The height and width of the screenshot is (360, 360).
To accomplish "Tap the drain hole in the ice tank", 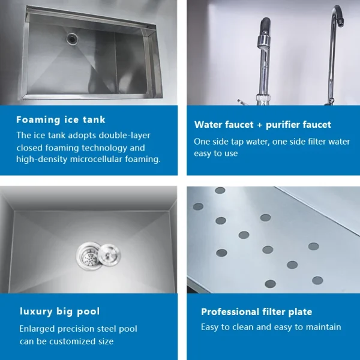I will (72, 38).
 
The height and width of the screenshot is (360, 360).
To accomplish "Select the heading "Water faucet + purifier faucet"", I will (262, 125).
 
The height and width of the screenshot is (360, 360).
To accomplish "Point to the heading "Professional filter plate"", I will (256, 311).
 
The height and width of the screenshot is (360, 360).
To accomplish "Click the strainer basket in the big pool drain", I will (87, 255).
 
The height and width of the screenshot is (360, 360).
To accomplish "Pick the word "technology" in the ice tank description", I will (101, 148).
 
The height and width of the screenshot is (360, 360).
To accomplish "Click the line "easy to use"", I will (216, 154).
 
